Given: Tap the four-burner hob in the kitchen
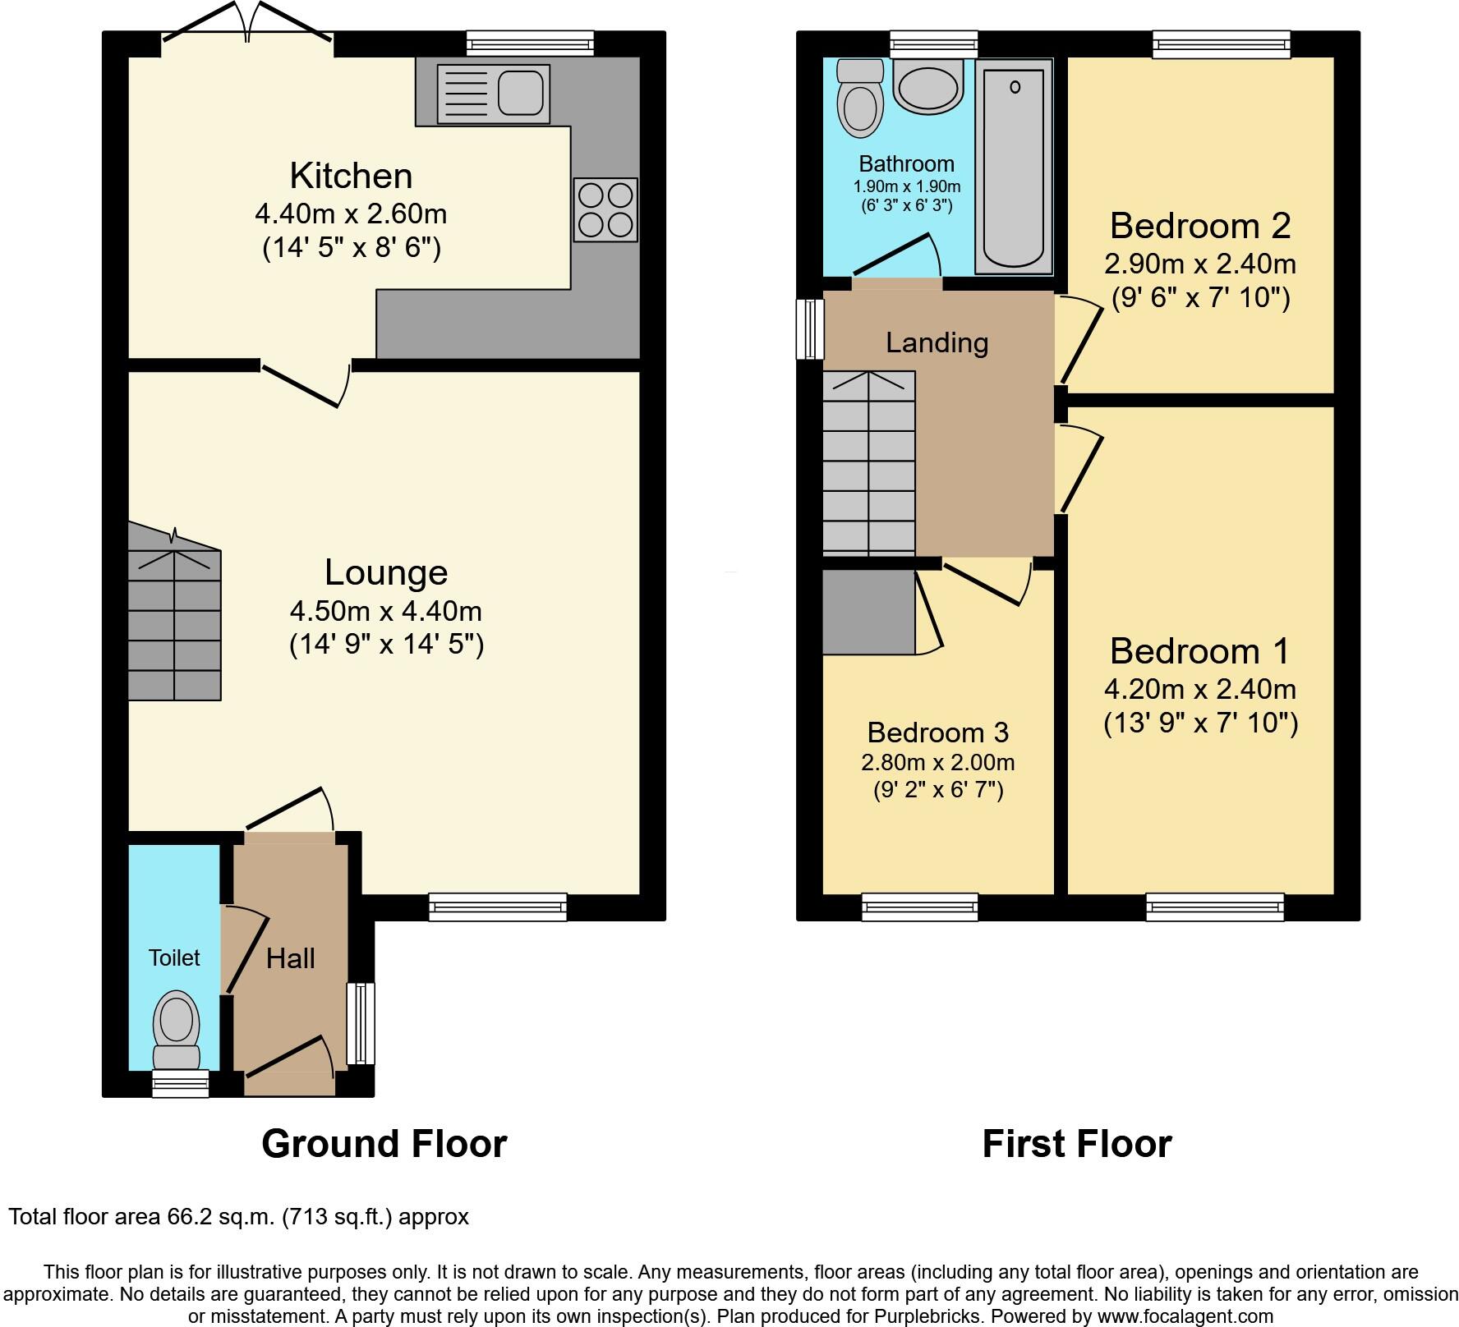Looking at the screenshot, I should [605, 209].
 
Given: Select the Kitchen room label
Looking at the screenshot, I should [351, 176].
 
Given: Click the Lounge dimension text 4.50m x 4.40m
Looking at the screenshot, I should [385, 612].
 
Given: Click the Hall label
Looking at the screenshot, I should [291, 958].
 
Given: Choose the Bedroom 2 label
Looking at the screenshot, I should [1200, 226].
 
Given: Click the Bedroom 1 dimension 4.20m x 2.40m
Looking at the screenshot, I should [1200, 689].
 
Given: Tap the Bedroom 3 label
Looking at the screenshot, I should [937, 732].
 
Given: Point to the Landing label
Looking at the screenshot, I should [937, 342].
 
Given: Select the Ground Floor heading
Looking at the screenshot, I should [384, 1144].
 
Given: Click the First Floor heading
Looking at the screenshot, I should [1076, 1144].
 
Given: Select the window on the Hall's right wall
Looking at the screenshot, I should [360, 1024].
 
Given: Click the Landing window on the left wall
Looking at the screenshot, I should [810, 329].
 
